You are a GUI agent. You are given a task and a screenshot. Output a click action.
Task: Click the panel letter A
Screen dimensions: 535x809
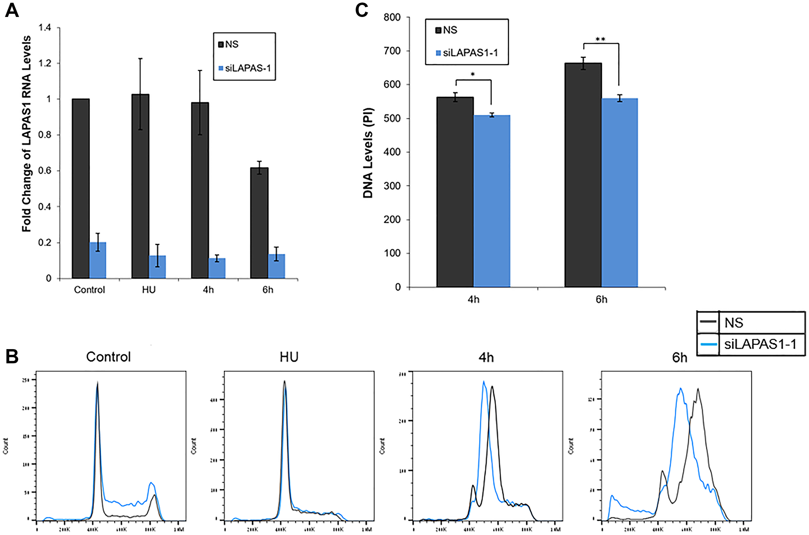12,10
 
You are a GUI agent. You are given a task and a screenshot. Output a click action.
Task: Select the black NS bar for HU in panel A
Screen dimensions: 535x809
140,186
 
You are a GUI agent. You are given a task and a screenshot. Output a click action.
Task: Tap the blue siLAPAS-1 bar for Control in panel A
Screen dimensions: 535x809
97,260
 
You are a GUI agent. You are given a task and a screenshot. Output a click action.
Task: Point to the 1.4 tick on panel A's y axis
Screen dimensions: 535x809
45,27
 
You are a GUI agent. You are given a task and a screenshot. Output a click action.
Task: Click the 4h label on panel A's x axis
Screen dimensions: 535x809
208,290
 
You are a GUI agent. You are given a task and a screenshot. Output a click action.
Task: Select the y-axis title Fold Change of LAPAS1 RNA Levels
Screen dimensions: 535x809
26,133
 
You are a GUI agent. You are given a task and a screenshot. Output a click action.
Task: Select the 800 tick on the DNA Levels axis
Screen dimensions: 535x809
392,17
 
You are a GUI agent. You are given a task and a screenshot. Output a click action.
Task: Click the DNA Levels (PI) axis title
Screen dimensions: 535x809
368,153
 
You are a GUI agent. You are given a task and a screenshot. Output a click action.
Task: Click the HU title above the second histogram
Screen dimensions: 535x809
289,357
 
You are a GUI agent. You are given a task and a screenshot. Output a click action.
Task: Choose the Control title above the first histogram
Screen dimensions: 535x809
108,357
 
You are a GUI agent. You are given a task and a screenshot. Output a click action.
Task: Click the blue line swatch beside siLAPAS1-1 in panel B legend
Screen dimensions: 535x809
708,344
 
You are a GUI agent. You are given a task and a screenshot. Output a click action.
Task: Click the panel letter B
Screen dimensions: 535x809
12,356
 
